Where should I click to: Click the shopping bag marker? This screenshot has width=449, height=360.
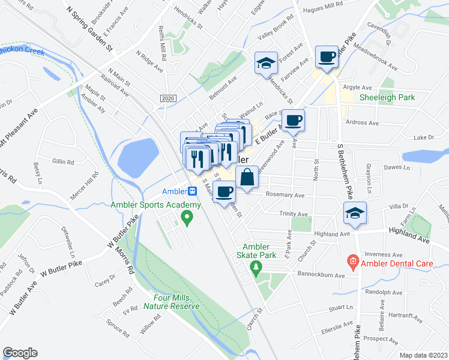[247, 178]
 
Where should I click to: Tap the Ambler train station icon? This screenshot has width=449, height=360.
[192, 192]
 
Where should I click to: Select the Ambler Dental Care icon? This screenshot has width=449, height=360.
[352, 262]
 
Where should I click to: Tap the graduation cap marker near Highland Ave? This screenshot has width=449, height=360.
[355, 213]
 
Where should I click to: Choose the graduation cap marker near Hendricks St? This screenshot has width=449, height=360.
[265, 63]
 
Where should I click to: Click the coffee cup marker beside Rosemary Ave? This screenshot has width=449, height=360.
[224, 192]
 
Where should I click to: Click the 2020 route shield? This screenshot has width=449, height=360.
[167, 98]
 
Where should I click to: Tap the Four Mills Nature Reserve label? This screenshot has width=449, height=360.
[171, 302]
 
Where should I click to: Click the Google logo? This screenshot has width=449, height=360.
[20, 353]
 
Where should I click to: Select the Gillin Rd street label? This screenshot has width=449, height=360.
[62, 161]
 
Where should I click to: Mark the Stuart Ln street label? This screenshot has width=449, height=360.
[340, 307]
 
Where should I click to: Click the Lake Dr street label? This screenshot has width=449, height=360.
[423, 137]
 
